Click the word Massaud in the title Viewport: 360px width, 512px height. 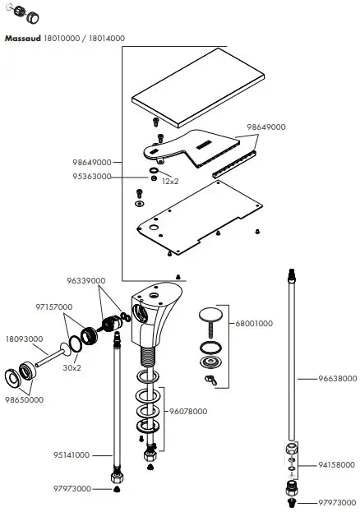23,38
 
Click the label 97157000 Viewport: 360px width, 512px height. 54,307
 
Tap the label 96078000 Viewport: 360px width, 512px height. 188,410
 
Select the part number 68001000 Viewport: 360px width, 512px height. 254,324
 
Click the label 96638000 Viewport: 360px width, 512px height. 338,380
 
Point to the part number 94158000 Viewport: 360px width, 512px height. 338,464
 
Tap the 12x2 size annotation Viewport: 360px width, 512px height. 170,181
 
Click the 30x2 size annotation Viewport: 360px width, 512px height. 72,367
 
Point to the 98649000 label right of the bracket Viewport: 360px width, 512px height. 265,127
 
